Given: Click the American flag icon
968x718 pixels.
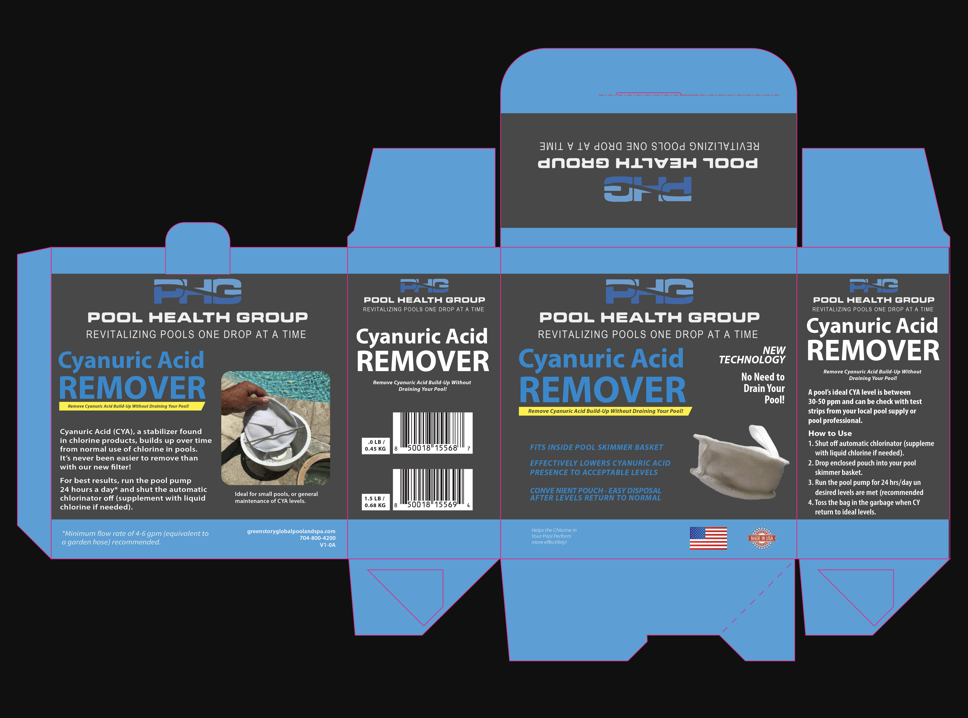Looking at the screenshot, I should pyautogui.click(x=708, y=538).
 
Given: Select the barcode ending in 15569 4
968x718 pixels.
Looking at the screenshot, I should pyautogui.click(x=433, y=489).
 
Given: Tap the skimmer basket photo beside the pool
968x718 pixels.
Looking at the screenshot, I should pyautogui.click(x=275, y=428).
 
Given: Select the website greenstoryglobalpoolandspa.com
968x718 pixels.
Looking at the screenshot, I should pyautogui.click(x=291, y=531).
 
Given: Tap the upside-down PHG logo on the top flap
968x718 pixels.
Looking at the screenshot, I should pyautogui.click(x=648, y=189).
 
